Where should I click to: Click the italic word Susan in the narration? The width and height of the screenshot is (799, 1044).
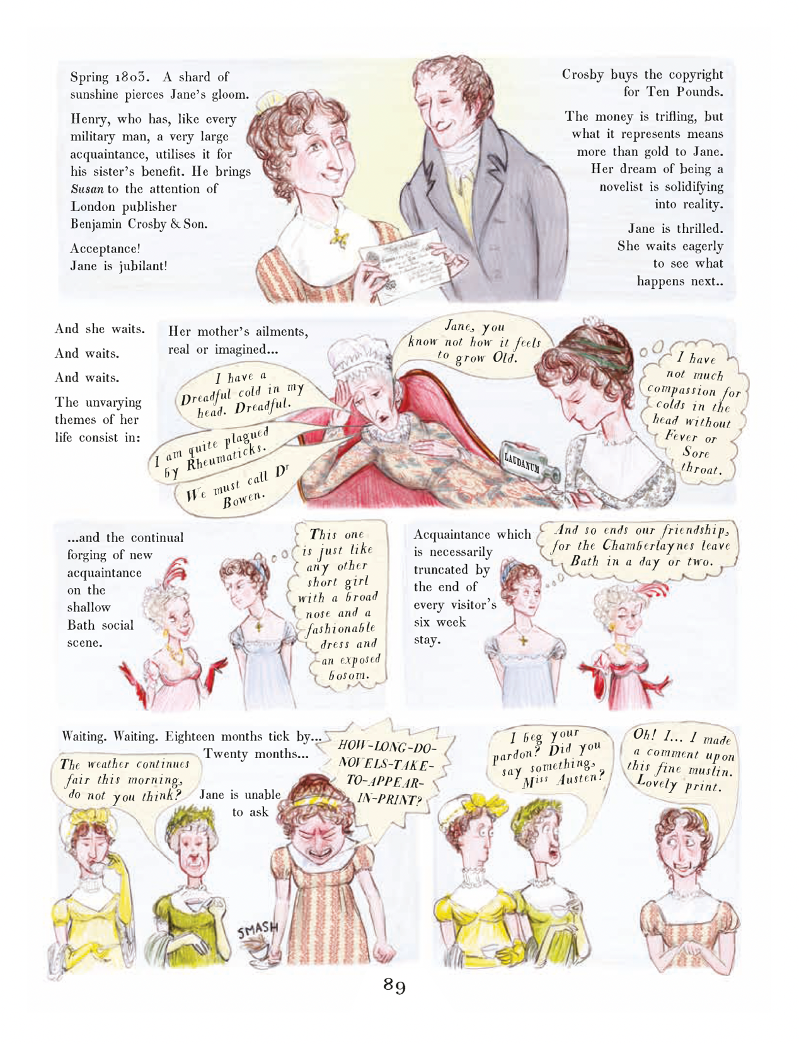[87, 189]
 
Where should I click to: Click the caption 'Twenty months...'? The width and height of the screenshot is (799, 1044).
[256, 754]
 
